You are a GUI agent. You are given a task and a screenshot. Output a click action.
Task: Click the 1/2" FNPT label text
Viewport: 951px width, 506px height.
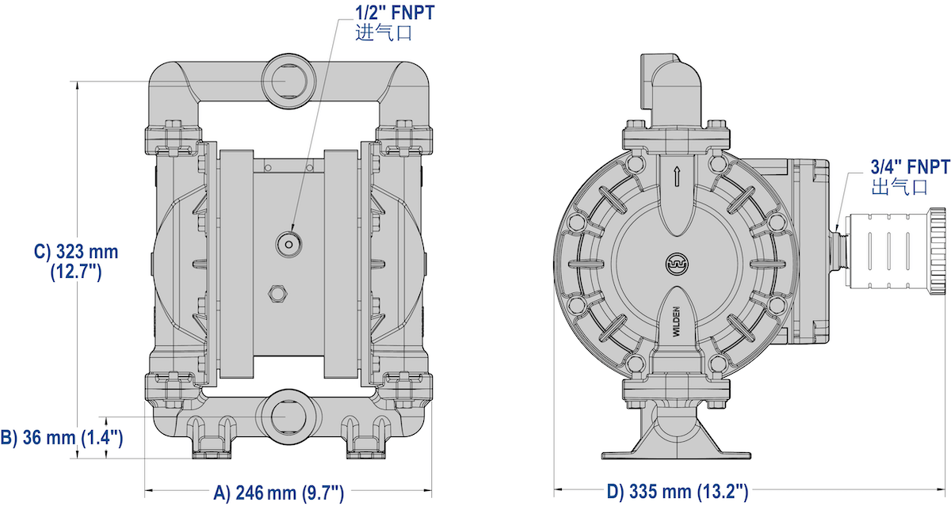pos(395,13)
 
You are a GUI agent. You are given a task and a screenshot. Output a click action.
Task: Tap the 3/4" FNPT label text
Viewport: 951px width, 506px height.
pos(910,167)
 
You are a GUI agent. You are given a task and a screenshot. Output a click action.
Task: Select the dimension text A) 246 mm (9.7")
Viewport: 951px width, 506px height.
pos(278,493)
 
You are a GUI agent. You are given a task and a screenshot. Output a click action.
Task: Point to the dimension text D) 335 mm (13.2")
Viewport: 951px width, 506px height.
pos(678,492)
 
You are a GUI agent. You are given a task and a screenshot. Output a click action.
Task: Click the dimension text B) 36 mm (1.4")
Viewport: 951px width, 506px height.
pos(62,437)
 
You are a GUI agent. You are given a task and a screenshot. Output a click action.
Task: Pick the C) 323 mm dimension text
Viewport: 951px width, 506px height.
pos(76,261)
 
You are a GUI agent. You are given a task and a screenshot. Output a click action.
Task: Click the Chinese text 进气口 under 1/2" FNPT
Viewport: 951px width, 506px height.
pos(384,33)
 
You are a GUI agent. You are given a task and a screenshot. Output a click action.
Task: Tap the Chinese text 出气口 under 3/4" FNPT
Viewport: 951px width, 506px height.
pos(899,187)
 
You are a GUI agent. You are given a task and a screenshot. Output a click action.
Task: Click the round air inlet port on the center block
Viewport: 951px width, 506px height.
pos(288,245)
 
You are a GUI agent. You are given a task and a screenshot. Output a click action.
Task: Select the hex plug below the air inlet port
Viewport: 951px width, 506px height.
pos(277,293)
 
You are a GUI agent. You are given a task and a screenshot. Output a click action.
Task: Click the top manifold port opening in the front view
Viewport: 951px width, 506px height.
pos(289,81)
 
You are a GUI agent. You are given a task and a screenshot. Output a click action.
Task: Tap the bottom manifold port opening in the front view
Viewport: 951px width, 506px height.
pos(289,417)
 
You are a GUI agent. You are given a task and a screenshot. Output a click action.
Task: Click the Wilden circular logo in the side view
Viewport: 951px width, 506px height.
pos(677,264)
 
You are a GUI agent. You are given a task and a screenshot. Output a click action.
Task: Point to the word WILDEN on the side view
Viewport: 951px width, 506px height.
pos(676,321)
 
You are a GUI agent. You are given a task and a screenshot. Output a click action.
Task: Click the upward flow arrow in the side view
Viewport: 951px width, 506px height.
pos(677,177)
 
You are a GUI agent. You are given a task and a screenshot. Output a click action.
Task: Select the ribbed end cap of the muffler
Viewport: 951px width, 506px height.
pos(938,251)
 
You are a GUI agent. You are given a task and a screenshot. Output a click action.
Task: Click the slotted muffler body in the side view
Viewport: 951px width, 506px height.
pos(888,251)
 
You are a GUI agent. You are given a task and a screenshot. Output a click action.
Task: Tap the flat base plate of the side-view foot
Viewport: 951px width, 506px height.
pos(676,455)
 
